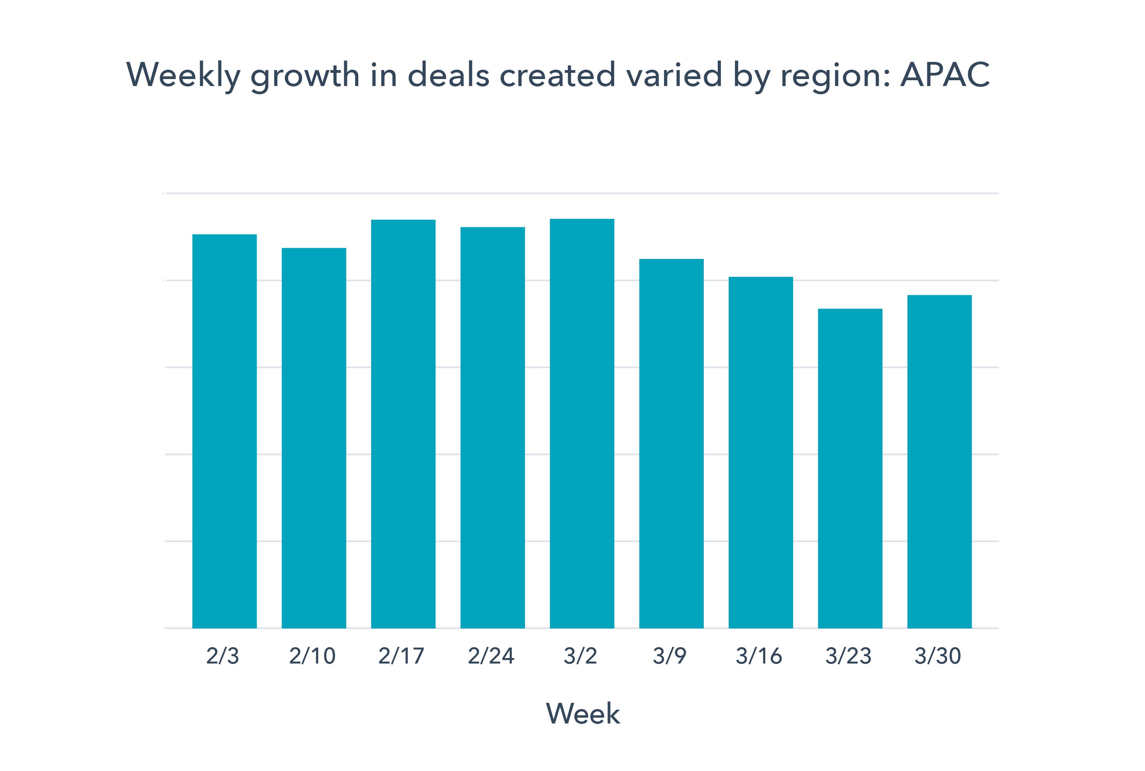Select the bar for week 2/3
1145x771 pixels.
click(x=224, y=431)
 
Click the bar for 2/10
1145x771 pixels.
click(x=314, y=438)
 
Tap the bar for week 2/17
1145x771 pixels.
click(x=403, y=423)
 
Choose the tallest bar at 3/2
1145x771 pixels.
click(x=582, y=423)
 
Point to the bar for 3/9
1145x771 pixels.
click(x=671, y=443)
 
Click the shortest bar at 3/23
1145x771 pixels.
click(x=850, y=468)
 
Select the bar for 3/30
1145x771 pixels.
click(x=939, y=461)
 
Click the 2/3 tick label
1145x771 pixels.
click(x=223, y=656)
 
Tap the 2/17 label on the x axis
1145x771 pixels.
click(x=402, y=656)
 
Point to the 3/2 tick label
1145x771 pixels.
click(x=580, y=656)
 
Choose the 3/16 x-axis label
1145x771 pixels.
click(x=759, y=656)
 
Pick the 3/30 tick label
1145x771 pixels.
click(x=937, y=656)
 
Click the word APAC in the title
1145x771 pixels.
click(x=945, y=75)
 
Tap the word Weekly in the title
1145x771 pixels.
click(x=183, y=76)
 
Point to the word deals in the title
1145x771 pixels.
click(x=449, y=75)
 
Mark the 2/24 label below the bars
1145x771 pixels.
click(x=491, y=656)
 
